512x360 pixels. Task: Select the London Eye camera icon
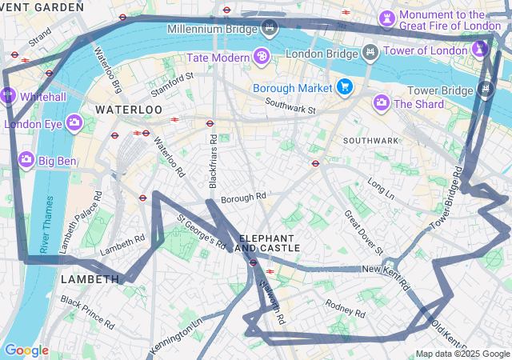74,122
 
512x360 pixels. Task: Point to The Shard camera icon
382,102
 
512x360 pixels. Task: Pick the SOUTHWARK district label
370,140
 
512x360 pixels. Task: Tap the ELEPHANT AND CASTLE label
270,243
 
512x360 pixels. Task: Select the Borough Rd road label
242,198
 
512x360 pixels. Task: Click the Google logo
26,350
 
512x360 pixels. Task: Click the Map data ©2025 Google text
462,354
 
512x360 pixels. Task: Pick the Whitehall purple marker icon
9,94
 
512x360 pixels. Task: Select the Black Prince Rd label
87,312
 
